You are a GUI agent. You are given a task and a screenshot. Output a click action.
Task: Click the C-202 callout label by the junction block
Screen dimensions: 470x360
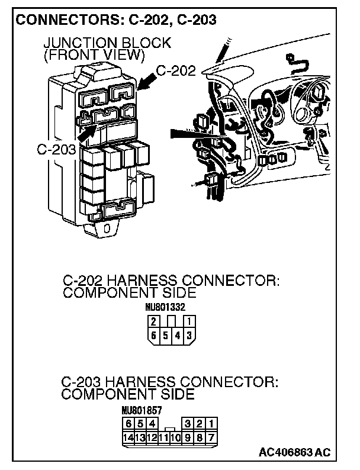pyautogui.click(x=176, y=72)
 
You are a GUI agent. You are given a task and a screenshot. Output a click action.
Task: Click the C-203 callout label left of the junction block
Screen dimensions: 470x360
pyautogui.click(x=56, y=149)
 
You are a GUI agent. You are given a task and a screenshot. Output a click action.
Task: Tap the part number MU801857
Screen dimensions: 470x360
pyautogui.click(x=142, y=410)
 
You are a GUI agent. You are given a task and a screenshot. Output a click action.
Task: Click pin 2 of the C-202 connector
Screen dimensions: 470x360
pyautogui.click(x=153, y=322)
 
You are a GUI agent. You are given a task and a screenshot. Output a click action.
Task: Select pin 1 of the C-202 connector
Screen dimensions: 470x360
pyautogui.click(x=189, y=322)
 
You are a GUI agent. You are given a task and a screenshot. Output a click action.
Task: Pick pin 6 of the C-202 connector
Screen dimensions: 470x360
pyautogui.click(x=153, y=335)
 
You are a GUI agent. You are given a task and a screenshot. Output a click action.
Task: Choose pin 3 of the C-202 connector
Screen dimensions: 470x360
pyautogui.click(x=189, y=335)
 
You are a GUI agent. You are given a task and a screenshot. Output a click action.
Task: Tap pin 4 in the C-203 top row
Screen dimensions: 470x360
pyautogui.click(x=152, y=424)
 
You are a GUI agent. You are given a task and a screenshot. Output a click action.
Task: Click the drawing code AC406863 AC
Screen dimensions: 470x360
pyautogui.click(x=294, y=453)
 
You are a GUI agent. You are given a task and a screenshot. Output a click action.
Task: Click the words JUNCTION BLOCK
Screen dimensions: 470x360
pyautogui.click(x=107, y=43)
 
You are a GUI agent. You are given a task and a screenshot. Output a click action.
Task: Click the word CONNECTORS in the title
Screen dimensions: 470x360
pyautogui.click(x=62, y=20)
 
